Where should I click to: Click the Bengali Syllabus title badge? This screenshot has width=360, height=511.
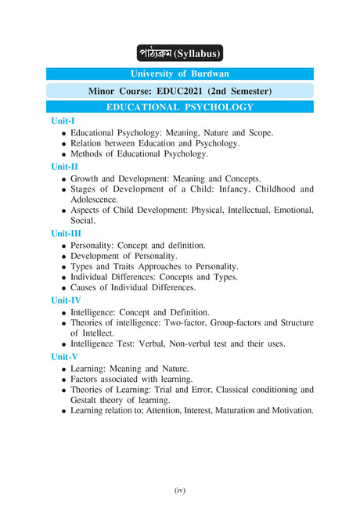click(179, 53)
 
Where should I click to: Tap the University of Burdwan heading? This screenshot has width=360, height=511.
click(179, 74)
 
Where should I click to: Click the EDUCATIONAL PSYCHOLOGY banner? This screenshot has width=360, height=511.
click(179, 107)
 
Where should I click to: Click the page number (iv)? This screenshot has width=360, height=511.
click(179, 491)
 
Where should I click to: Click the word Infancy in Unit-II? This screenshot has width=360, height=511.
click(221, 189)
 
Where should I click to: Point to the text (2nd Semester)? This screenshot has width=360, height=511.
click(238, 91)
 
